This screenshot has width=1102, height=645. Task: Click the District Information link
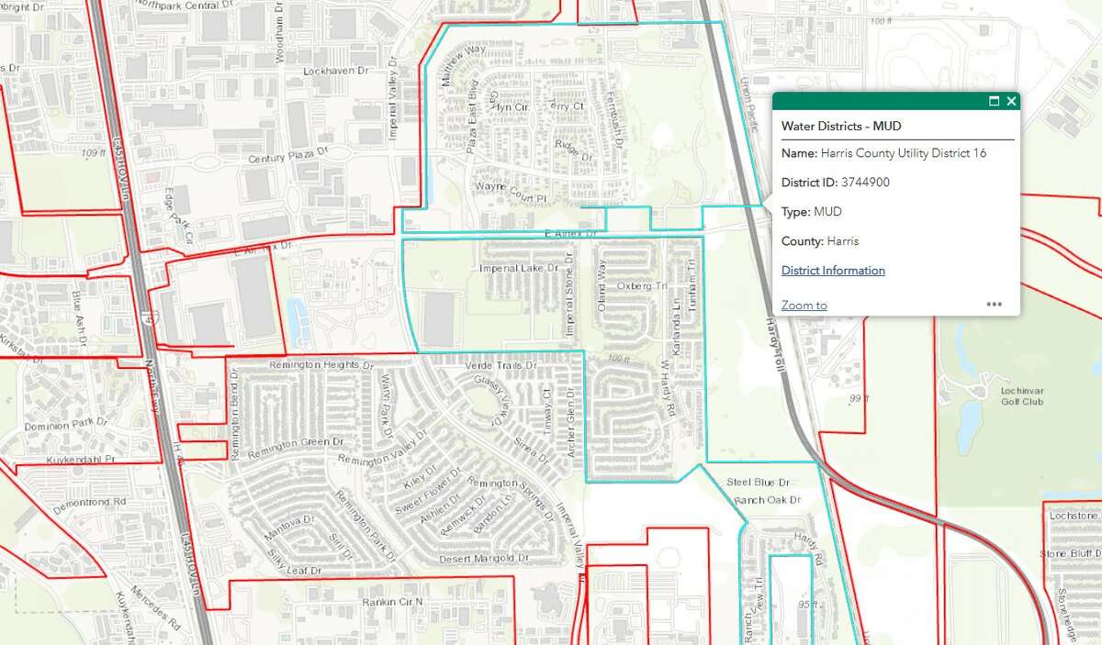pyautogui.click(x=833, y=271)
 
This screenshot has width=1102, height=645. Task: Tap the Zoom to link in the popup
pyautogui.click(x=804, y=306)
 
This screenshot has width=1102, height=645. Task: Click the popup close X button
pyautogui.click(x=1011, y=101)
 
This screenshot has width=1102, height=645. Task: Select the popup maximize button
pyautogui.click(x=994, y=101)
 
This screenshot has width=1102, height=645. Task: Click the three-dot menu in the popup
pyautogui.click(x=995, y=305)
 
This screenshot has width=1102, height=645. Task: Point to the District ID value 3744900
pyautogui.click(x=865, y=183)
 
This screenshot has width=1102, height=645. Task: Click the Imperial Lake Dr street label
pyautogui.click(x=519, y=269)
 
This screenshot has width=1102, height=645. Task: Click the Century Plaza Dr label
pyautogui.click(x=287, y=159)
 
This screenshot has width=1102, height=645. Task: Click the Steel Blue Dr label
pyautogui.click(x=759, y=482)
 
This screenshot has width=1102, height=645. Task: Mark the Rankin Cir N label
pyautogui.click(x=390, y=602)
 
